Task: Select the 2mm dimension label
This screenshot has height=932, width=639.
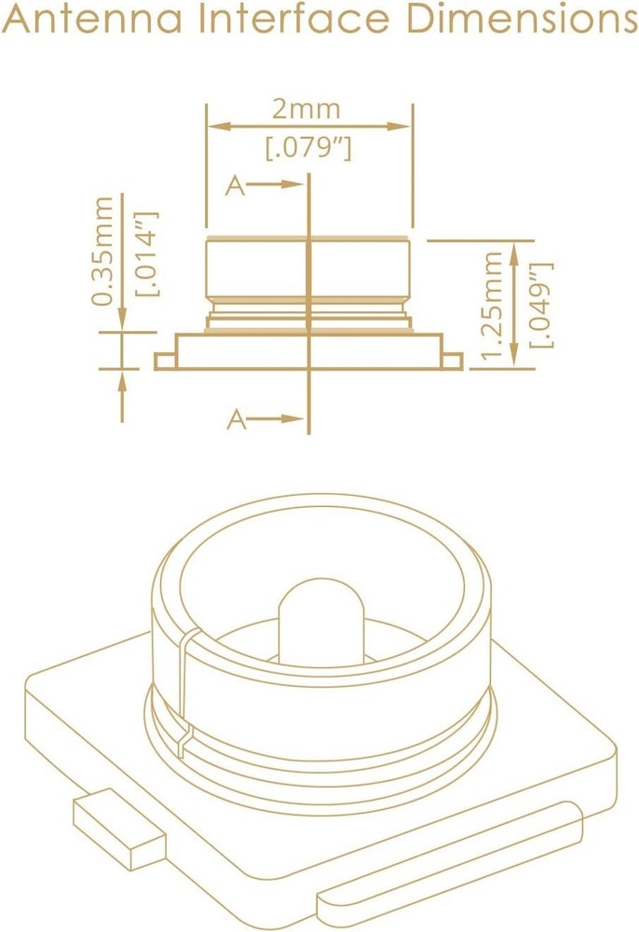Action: (x=306, y=109)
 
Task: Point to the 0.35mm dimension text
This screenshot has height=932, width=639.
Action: (x=103, y=250)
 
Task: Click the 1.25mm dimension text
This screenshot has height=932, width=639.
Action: (x=495, y=302)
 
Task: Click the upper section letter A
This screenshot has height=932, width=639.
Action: (x=236, y=186)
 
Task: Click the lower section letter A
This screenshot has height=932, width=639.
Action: (x=237, y=420)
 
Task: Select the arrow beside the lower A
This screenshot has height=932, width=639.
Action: (x=278, y=420)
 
